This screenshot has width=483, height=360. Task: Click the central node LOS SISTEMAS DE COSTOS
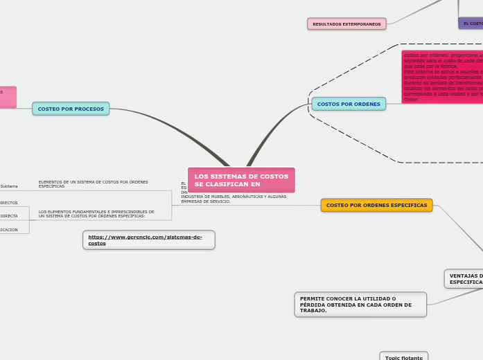click(241, 180)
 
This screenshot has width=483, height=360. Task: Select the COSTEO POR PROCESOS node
click(71, 109)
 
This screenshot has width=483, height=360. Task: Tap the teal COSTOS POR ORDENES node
click(349, 105)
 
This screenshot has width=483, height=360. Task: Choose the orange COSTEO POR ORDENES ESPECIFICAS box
click(376, 205)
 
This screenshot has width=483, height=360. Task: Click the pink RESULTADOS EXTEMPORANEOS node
click(346, 24)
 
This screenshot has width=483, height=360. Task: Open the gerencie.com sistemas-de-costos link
click(148, 240)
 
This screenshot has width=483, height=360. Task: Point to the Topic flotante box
click(403, 357)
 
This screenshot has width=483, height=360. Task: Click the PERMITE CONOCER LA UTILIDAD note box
click(360, 305)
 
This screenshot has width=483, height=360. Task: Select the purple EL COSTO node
click(471, 24)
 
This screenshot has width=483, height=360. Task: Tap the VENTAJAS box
click(464, 278)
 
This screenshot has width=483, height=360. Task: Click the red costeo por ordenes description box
click(442, 77)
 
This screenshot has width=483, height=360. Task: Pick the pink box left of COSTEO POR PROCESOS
click(8, 97)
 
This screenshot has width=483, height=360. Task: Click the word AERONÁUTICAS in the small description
click(243, 197)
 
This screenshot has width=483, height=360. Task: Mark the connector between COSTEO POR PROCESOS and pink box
click(24, 105)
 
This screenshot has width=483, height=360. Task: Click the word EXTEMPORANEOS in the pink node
click(361, 24)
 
